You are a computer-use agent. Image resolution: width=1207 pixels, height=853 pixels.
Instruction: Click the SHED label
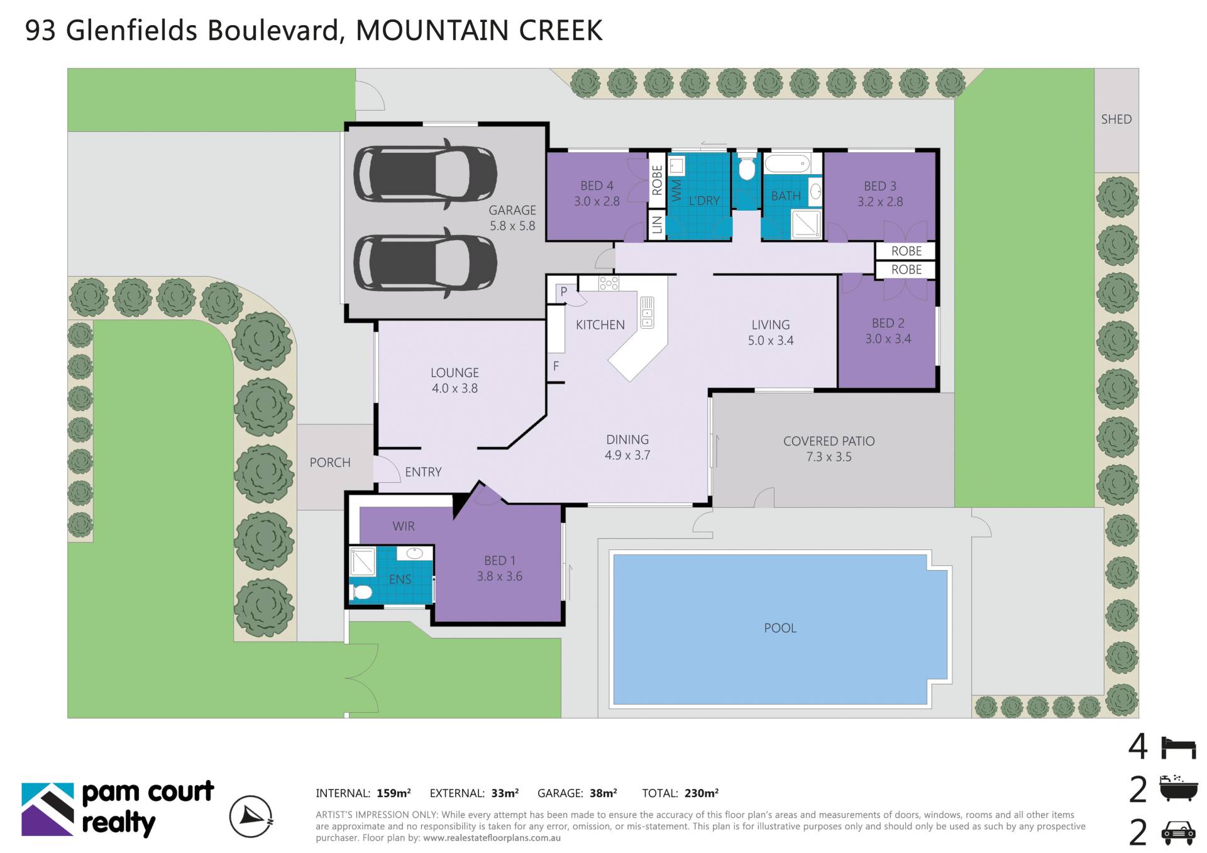coord(1116,119)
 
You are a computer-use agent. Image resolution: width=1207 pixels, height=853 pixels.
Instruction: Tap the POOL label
coord(780,628)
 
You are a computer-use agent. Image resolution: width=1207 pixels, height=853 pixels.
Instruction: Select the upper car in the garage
coord(425,173)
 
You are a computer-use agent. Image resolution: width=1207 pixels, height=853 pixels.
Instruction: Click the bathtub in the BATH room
coord(786,164)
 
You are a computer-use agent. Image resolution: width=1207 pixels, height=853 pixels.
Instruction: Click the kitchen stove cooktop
coord(609,283)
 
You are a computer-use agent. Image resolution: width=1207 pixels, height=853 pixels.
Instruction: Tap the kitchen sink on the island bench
coord(647,312)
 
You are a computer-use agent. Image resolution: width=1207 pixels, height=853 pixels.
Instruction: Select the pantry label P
coord(564,292)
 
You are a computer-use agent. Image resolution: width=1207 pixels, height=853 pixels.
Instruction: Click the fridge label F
coord(556,366)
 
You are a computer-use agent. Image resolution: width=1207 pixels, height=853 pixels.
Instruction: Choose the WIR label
coord(404,526)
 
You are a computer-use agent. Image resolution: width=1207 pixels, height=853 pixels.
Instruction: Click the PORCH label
coord(330,463)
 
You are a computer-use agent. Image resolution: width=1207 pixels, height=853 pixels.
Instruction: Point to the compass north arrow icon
coord(251,817)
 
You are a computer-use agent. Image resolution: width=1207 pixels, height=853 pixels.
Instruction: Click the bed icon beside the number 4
coord(1178,747)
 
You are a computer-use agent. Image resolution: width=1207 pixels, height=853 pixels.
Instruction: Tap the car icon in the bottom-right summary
coord(1178,833)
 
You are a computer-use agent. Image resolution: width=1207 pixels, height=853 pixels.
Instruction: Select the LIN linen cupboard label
coord(657,224)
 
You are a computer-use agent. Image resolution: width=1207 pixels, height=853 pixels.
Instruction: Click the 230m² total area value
coord(702,793)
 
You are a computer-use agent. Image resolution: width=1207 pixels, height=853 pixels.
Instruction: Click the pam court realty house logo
coord(48,810)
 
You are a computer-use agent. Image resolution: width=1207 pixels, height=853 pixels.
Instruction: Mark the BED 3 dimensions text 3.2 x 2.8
coord(880,202)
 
